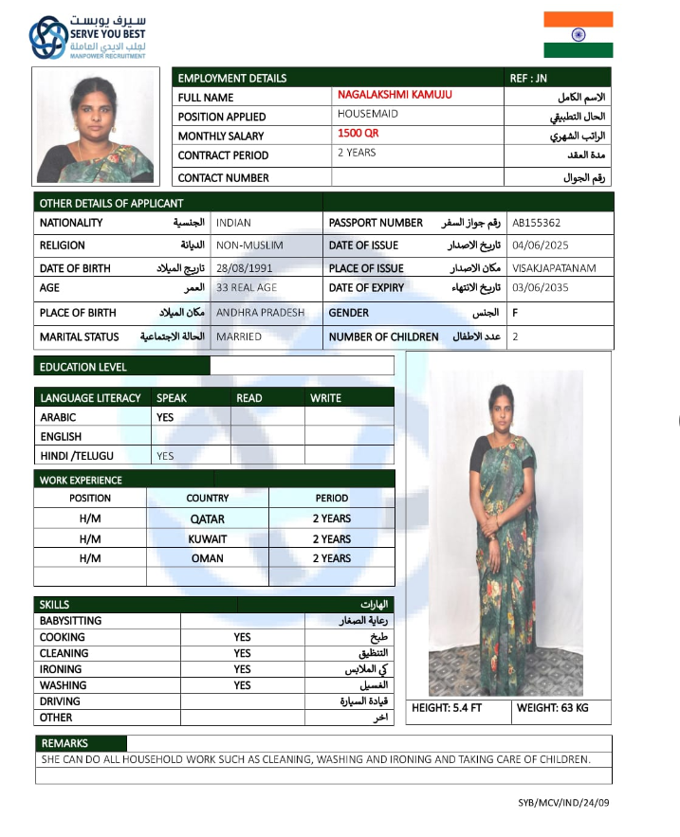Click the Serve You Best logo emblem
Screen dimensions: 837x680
coord(47,37)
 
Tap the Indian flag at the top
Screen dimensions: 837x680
coord(578,35)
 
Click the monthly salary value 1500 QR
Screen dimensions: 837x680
coord(358,134)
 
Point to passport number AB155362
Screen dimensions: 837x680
coord(537,224)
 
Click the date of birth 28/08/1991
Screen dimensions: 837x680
coord(244,268)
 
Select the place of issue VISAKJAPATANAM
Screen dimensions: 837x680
coord(554,268)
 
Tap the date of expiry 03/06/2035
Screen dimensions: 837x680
coord(541,288)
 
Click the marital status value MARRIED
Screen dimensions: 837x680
coord(239,337)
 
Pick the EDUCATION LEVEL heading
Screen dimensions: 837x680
coord(83,367)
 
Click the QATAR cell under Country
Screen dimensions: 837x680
coord(208,519)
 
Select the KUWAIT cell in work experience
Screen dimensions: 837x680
coord(208,539)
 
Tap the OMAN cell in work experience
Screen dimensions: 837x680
coord(208,559)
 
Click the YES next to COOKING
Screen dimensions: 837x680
coord(243,638)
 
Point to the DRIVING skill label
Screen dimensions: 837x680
coord(61,701)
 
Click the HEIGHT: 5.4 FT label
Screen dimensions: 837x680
coord(448,708)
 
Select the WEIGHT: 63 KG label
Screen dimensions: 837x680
coord(553,708)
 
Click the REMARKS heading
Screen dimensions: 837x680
coord(65,744)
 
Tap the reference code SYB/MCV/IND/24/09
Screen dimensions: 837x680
coord(563,803)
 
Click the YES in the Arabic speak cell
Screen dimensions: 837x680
coord(165,417)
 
